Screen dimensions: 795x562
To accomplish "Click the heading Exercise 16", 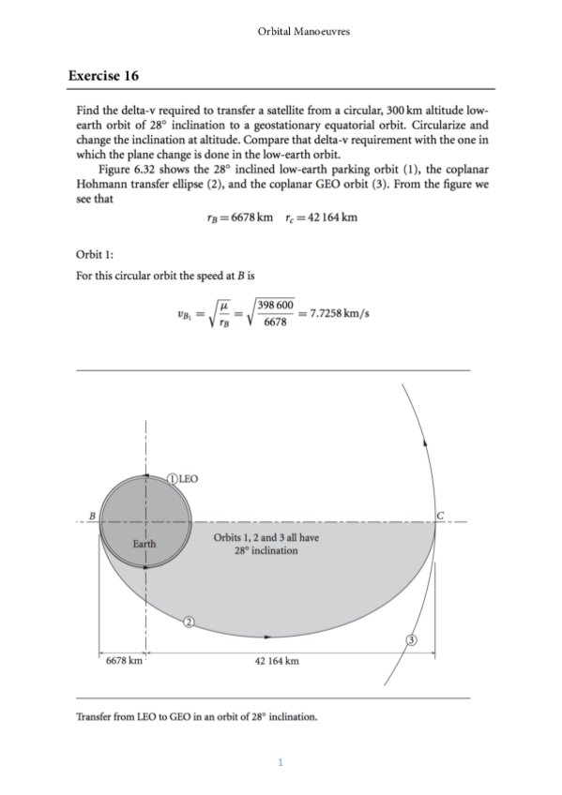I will [104, 75].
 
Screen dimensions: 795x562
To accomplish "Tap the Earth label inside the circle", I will [144, 544].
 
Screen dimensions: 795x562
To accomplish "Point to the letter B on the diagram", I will [92, 514].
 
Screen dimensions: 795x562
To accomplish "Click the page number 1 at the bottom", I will [281, 761].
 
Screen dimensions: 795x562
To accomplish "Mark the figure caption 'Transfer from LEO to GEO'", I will [196, 718].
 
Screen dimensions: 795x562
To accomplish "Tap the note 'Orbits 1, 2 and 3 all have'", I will [266, 537].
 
